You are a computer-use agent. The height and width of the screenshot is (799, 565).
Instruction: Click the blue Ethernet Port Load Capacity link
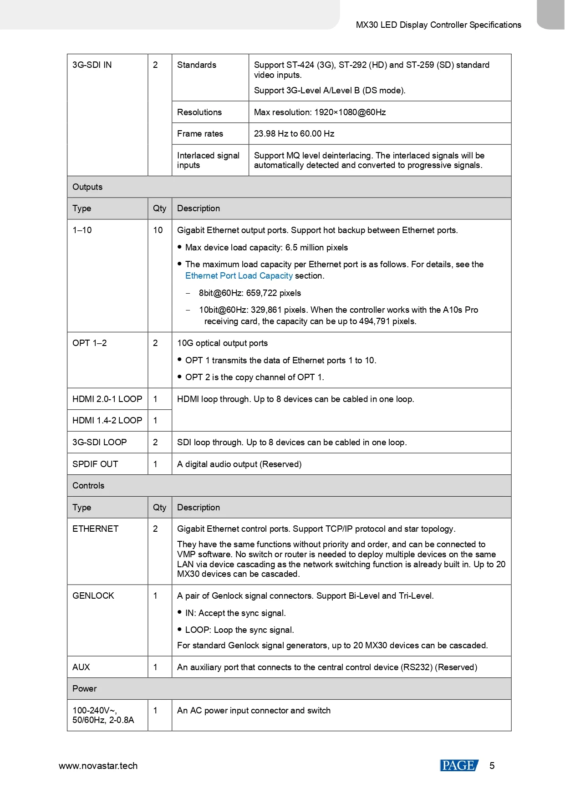point(239,276)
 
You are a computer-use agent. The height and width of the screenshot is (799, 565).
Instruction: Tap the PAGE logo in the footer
point(458,765)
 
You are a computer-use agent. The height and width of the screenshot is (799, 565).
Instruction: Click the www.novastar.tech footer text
point(98,766)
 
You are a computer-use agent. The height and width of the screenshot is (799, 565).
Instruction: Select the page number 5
point(492,766)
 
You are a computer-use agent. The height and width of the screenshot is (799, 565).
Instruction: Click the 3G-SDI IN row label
point(92,65)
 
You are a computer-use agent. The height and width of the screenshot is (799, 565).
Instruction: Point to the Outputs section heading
point(87,187)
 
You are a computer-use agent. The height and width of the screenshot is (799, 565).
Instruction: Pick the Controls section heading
point(88,486)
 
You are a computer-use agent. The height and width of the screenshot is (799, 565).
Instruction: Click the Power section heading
point(85,689)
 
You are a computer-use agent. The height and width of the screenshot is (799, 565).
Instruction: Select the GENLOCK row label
point(93,596)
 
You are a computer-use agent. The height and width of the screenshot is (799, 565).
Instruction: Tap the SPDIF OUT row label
point(95,464)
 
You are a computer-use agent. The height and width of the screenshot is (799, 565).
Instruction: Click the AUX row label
point(81,667)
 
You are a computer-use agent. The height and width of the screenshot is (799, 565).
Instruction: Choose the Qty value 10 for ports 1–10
point(158,230)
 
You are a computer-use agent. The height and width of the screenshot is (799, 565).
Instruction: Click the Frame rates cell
point(200,134)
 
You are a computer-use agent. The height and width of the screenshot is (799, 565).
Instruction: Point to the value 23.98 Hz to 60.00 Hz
point(294,134)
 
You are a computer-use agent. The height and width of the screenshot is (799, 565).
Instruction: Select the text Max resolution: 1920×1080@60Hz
point(320,112)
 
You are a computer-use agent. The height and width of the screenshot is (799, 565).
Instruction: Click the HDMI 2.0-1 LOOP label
point(107,399)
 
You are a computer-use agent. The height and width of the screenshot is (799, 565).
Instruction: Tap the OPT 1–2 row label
point(89,343)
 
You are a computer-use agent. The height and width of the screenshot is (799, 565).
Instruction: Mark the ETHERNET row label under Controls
point(95,529)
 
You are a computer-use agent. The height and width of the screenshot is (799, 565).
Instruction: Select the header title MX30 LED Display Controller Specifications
point(438,25)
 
